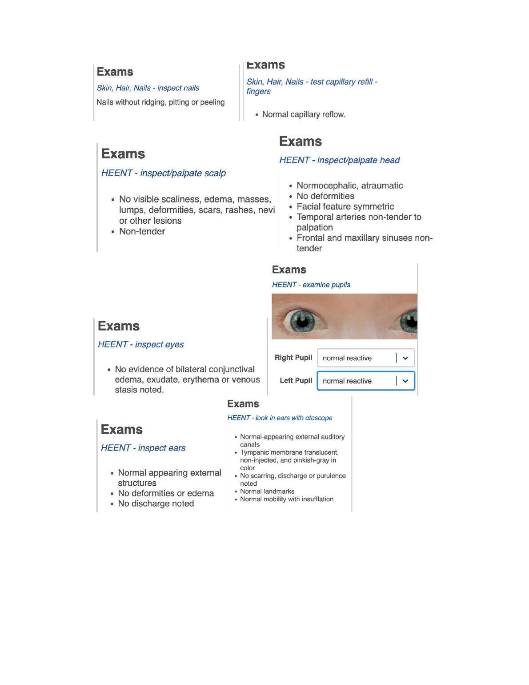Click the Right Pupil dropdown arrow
(x=405, y=358)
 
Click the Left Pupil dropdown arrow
(x=405, y=381)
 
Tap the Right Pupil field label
(x=293, y=358)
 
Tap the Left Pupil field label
(x=296, y=381)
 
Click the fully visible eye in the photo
(x=303, y=320)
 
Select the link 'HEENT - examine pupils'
(x=311, y=285)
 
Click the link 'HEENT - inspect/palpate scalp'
(x=164, y=173)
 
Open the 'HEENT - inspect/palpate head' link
(x=340, y=160)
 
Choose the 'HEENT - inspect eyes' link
(x=141, y=344)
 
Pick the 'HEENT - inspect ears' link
(x=143, y=448)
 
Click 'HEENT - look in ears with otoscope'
(x=280, y=418)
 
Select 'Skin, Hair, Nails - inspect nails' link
(x=148, y=88)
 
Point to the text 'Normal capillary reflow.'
(x=304, y=114)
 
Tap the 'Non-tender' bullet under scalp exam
(x=142, y=231)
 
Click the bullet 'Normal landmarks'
(x=267, y=492)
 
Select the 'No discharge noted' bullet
(x=156, y=504)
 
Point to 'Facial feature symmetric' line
(x=345, y=206)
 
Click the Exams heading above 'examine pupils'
(x=289, y=270)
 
